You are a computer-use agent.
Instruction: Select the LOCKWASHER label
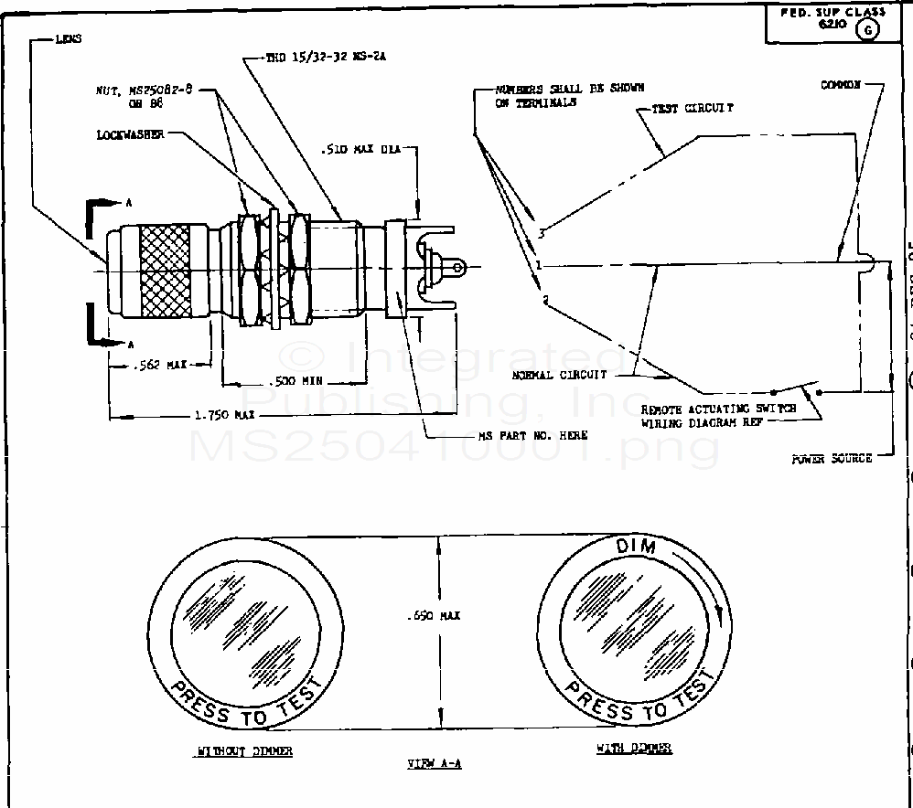coord(130,134)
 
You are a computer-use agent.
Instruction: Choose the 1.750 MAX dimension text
coord(223,415)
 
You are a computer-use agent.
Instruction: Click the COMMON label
coord(841,85)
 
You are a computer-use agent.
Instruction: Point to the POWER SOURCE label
coord(832,458)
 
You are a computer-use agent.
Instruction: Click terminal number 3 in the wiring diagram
coord(542,234)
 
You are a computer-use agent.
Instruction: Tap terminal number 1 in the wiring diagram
coord(540,265)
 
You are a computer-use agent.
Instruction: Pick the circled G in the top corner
coord(866,29)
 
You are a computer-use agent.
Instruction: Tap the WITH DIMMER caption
coord(634,748)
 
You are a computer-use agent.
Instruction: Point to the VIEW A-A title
coord(434,762)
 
